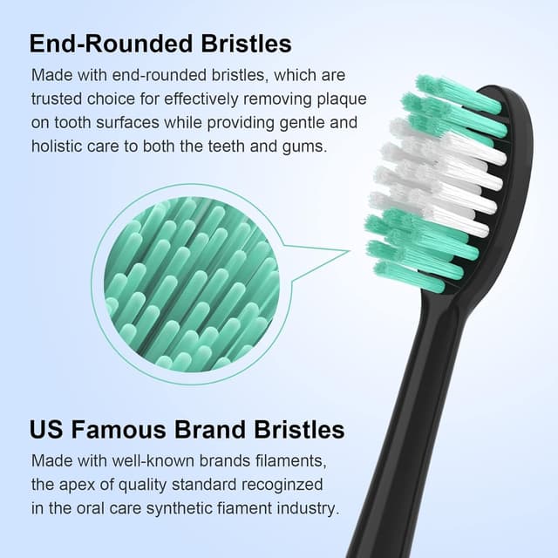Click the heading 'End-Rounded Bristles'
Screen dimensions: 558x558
pos(160,44)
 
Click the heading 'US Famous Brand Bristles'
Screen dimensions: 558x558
pos(187,430)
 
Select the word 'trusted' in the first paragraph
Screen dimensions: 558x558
pos(56,99)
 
